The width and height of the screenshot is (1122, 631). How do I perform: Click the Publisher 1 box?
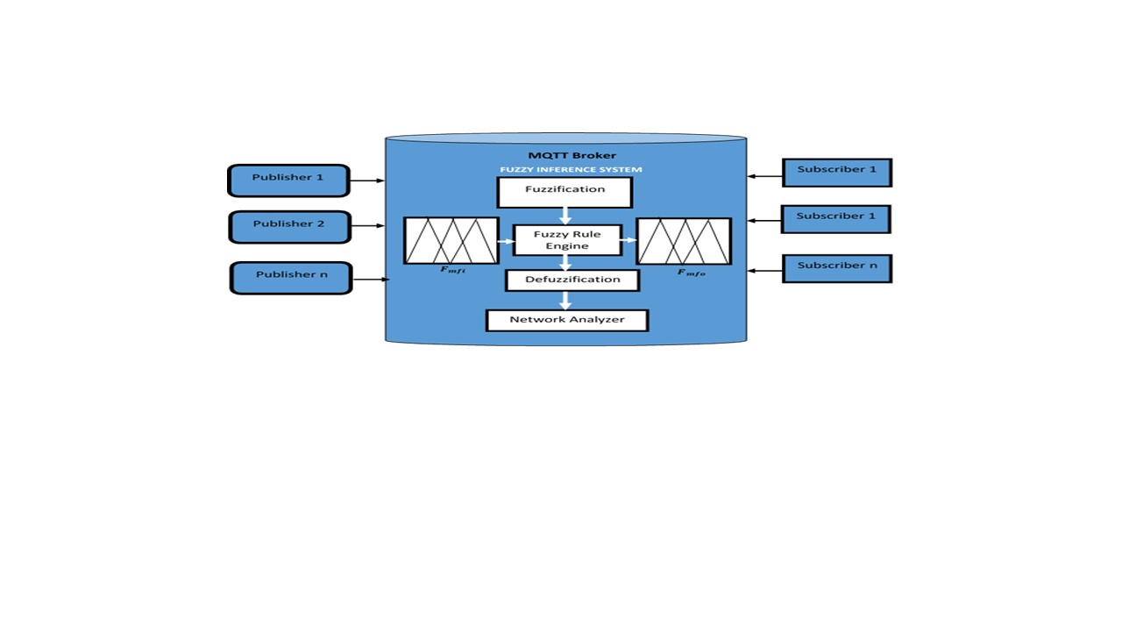(288, 181)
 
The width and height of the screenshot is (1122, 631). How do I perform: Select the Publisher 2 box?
(289, 227)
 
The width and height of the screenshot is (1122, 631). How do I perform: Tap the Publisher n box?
(291, 278)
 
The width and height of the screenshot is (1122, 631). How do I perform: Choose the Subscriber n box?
(837, 268)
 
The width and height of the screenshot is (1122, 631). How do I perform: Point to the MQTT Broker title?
(572, 155)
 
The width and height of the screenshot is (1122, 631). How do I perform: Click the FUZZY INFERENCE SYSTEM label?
(571, 169)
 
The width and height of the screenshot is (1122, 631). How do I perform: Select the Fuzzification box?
(565, 192)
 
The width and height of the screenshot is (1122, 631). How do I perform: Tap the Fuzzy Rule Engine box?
(567, 240)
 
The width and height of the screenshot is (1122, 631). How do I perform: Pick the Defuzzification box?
(572, 280)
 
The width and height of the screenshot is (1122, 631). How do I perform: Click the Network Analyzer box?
(567, 321)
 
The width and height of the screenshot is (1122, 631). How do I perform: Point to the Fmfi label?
(453, 270)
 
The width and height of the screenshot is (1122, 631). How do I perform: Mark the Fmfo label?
(692, 273)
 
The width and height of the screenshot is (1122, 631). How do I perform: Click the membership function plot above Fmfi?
(451, 240)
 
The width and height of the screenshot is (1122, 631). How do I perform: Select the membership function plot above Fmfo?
(684, 241)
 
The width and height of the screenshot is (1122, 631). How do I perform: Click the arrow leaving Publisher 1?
(367, 181)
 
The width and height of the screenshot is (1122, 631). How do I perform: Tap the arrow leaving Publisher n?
(371, 280)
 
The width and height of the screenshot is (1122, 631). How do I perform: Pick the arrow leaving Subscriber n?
(765, 271)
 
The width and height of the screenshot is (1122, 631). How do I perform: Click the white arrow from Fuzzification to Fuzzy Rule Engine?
(565, 216)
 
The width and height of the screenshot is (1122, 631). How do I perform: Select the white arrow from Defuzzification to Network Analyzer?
(565, 301)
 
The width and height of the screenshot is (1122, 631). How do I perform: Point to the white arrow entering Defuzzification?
(565, 263)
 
